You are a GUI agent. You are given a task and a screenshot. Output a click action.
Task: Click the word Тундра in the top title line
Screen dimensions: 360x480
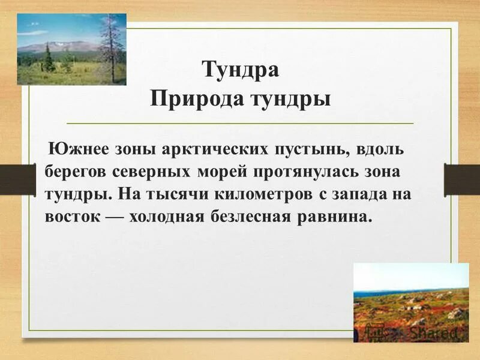point(240,69)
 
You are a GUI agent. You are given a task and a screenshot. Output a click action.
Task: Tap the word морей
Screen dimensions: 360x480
point(223,172)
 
